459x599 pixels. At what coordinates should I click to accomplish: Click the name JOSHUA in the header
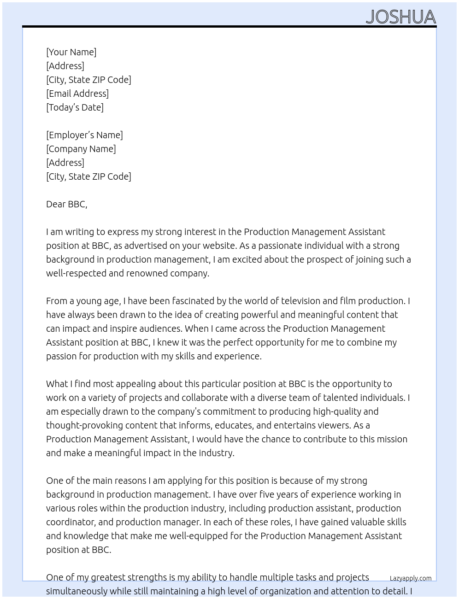pos(400,17)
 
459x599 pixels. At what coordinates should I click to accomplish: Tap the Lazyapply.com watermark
pos(410,578)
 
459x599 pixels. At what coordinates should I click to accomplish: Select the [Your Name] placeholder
pos(71,52)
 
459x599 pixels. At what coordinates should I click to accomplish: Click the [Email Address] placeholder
pos(77,94)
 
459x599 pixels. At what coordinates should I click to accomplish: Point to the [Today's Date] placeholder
pos(75,107)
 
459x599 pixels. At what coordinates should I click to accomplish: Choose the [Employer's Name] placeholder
pos(84,135)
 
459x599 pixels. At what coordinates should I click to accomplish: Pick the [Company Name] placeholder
pos(81,149)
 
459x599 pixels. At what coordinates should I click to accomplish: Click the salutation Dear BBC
pos(66,204)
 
